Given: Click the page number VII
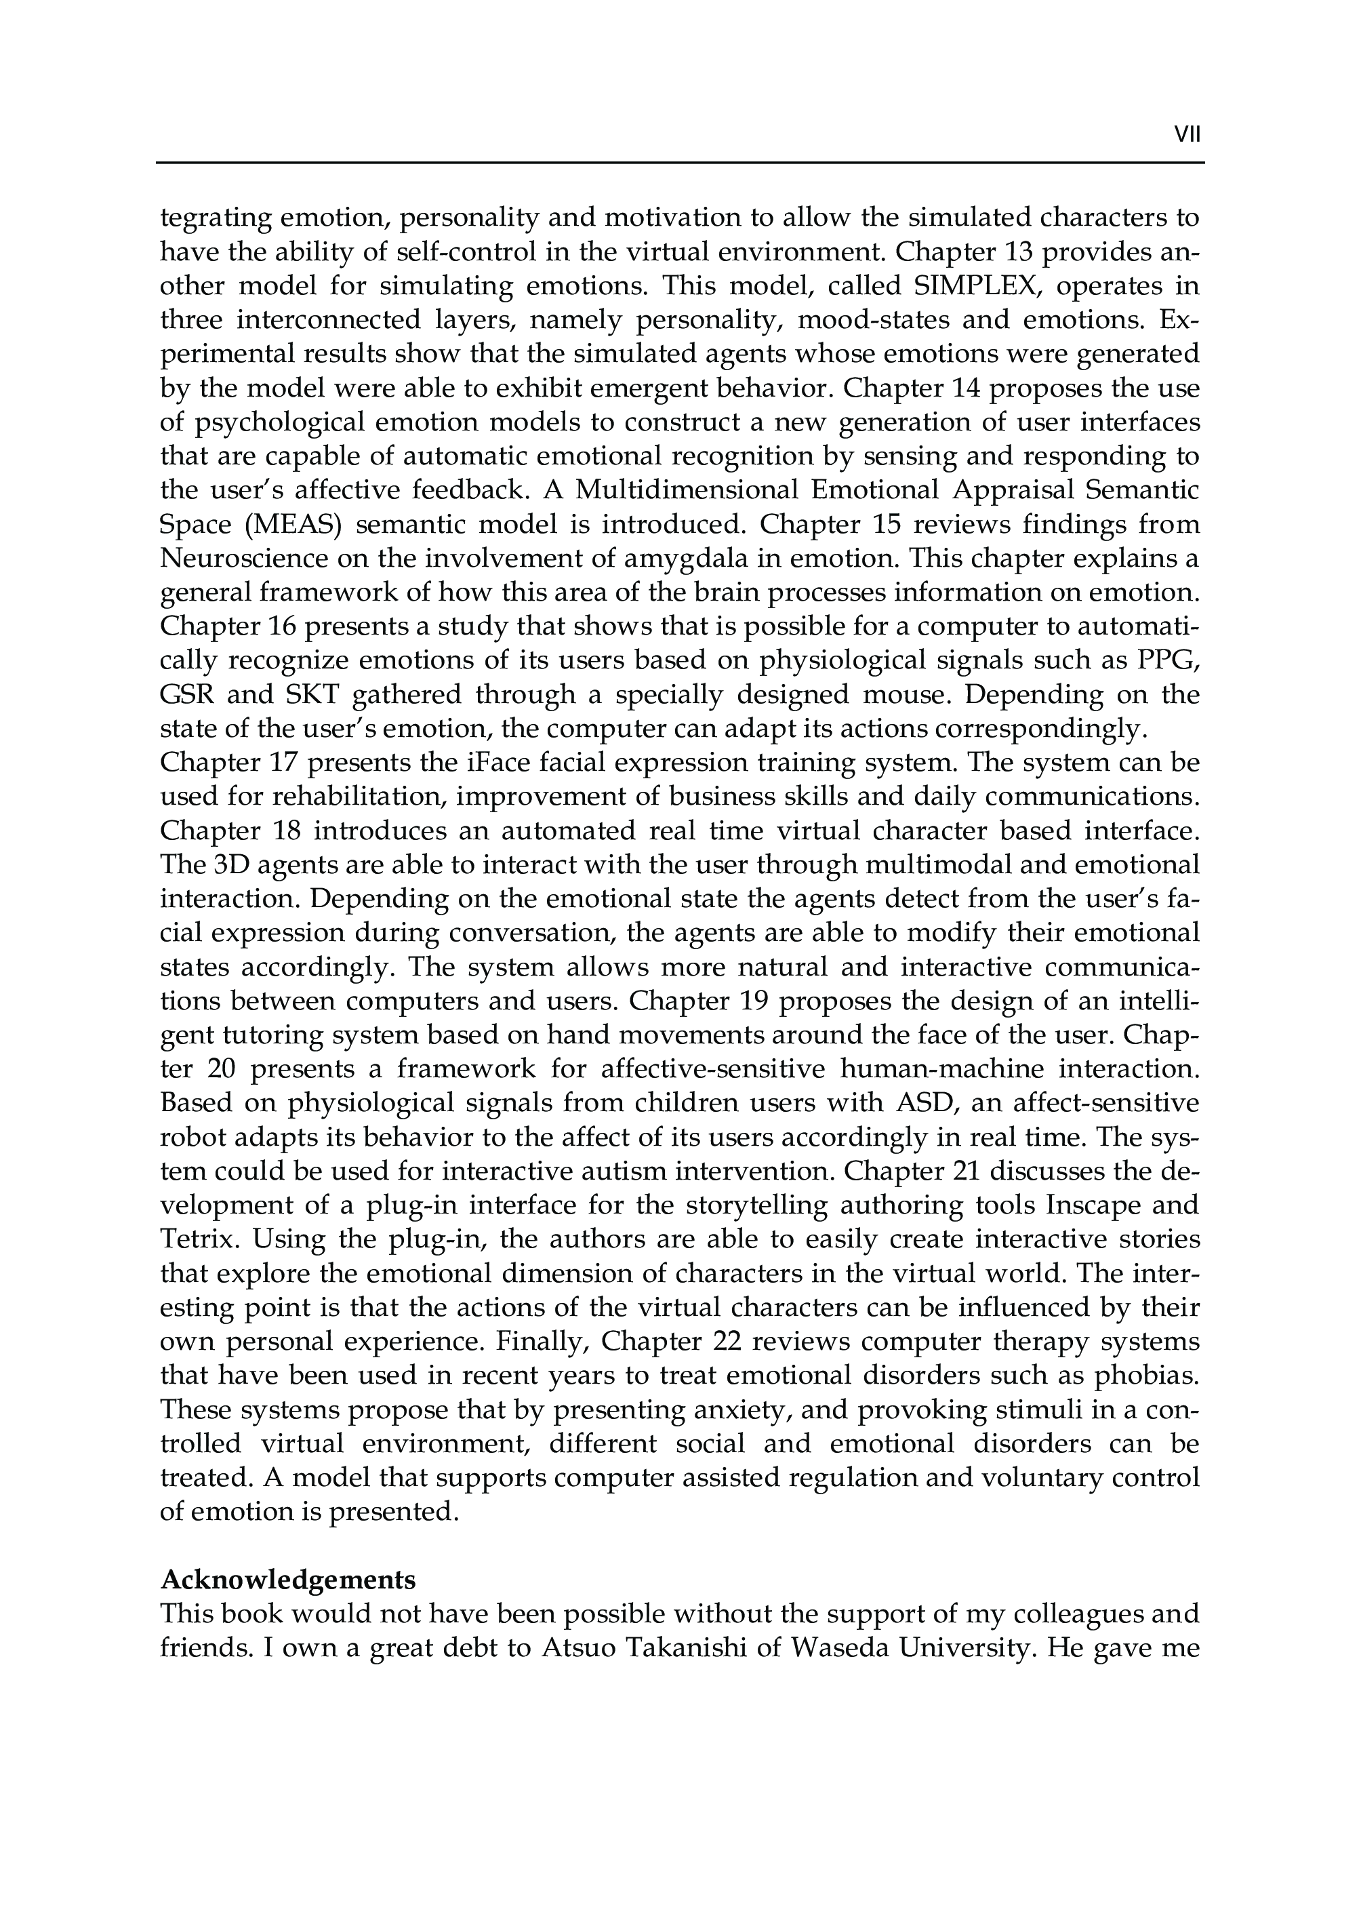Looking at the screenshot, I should point(1187,135).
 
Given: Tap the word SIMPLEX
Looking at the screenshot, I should point(964,287).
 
